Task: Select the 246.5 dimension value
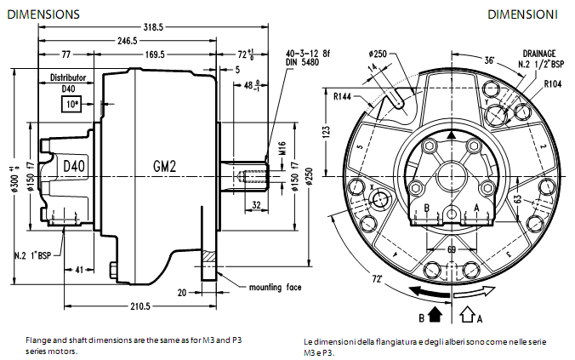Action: pyautogui.click(x=127, y=40)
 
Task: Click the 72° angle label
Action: pyautogui.click(x=376, y=278)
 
